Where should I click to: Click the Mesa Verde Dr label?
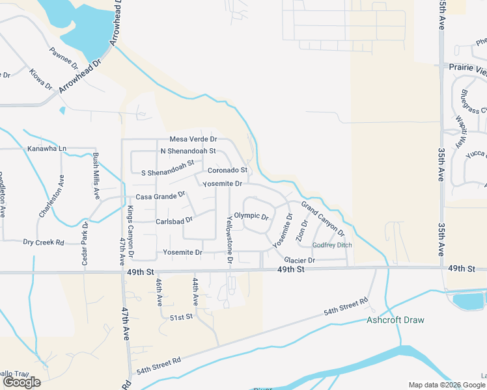pos(193,139)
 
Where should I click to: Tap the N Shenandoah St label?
pos(188,151)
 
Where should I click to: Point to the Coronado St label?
pos(227,170)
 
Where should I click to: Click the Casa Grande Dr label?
pos(160,196)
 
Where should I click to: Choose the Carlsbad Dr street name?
pos(174,220)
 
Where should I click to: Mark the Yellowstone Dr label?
pos(229,239)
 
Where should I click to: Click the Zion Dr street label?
pos(302,231)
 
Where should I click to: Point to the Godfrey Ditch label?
pos(332,245)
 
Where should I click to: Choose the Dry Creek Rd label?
pos(44,242)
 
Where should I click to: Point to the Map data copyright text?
pos(447,385)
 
